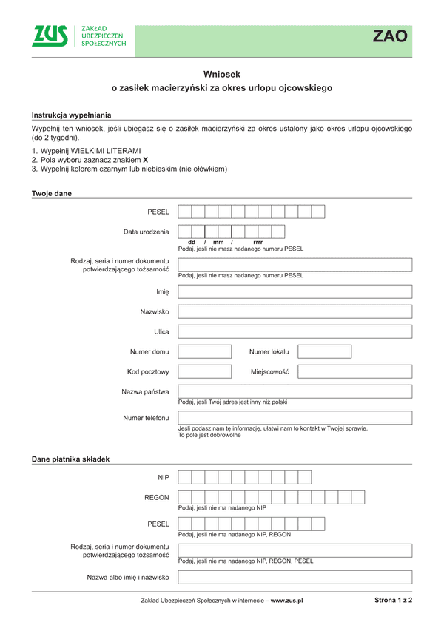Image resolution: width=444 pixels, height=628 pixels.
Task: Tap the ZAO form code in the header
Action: pos(389,37)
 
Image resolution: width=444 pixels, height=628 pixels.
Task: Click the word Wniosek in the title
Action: pos(222,74)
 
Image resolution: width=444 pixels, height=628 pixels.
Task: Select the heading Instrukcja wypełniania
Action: pos(71,115)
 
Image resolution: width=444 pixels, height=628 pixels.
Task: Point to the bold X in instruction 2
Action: pos(146,160)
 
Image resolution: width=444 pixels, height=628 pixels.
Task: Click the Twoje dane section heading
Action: pos(52,193)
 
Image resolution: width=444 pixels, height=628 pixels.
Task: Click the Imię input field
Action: pos(295,291)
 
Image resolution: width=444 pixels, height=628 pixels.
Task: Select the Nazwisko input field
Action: pos(295,311)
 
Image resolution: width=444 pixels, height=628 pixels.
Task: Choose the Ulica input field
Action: pos(295,331)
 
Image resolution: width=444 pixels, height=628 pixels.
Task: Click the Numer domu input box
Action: pos(205,351)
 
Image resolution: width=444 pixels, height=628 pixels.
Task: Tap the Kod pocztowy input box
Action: pos(205,371)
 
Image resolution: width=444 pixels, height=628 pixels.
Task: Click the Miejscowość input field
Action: pos(355,371)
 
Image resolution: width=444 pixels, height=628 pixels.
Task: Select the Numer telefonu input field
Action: pos(295,418)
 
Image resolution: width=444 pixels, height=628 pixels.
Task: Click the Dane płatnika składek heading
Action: pos(70,459)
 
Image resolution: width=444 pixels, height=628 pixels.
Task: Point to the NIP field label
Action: pos(164,478)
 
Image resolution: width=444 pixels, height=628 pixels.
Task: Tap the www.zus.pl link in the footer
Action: pos(287,601)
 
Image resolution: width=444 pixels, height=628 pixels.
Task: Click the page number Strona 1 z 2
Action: pos(393,601)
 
